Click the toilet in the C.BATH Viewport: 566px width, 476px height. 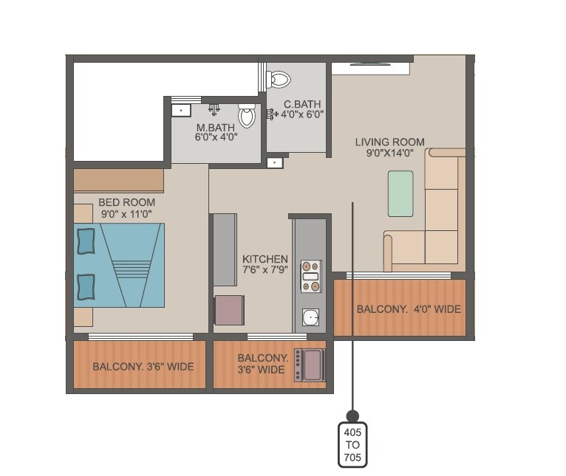tap(279, 78)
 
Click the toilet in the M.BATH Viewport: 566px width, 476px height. tap(247, 116)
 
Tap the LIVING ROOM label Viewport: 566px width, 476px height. tap(389, 142)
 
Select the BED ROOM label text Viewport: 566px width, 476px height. tap(127, 201)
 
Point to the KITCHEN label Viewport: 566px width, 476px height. tap(265, 259)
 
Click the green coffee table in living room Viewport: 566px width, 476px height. tap(400, 193)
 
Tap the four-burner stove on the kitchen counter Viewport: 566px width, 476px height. tap(310, 275)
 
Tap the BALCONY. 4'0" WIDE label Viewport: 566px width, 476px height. tap(409, 309)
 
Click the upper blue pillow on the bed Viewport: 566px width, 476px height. tap(86, 241)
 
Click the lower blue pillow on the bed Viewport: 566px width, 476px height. tap(86, 286)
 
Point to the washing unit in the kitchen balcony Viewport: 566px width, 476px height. tap(310, 365)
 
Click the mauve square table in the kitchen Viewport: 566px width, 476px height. tap(229, 309)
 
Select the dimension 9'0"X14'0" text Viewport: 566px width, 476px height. tap(389, 154)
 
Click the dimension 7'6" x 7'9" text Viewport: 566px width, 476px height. tap(265, 271)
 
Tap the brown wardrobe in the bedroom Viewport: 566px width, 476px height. tap(118, 180)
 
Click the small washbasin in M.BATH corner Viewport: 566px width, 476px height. tap(180, 110)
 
